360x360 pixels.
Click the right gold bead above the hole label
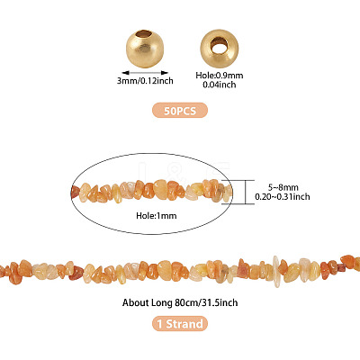[220, 48]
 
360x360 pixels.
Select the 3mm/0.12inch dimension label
[145, 81]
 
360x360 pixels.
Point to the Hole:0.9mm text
[220, 76]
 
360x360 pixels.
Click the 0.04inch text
[220, 85]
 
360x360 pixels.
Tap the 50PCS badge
[180, 111]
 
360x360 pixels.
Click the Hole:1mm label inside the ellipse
[157, 215]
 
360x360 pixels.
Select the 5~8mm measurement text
[283, 187]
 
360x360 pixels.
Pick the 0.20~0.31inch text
[283, 197]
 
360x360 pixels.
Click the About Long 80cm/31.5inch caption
[180, 302]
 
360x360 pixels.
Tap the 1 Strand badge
[180, 324]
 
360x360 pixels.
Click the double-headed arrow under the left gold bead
[145, 72]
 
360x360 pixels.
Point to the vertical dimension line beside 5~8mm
[246, 192]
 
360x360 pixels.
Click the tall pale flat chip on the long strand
[276, 271]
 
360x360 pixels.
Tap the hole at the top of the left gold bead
[145, 34]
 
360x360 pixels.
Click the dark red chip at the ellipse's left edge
[75, 192]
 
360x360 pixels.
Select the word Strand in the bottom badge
[184, 324]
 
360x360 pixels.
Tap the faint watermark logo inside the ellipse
[184, 170]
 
